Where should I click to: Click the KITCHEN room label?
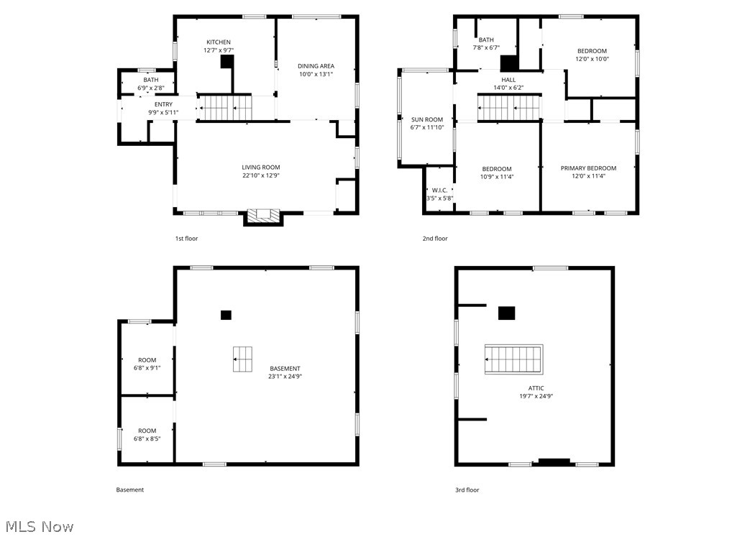pos(219,42)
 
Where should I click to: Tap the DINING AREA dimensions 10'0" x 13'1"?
pos(316,74)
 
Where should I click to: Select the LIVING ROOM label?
pos(260,167)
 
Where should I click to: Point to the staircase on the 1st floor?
pos(225,109)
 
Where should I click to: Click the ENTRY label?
pos(164,104)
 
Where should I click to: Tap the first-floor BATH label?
pos(150,80)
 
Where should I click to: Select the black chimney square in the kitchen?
pos(227,62)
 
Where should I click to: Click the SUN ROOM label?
pos(427,119)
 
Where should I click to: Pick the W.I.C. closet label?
pos(439,191)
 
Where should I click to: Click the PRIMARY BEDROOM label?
pos(588,167)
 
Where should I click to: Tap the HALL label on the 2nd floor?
pos(508,80)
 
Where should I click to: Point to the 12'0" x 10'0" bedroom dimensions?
pos(592,59)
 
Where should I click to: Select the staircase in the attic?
pos(513,359)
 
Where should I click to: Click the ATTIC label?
pos(536,388)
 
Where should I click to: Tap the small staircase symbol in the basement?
pos(242,359)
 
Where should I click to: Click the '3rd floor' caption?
pos(467,490)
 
